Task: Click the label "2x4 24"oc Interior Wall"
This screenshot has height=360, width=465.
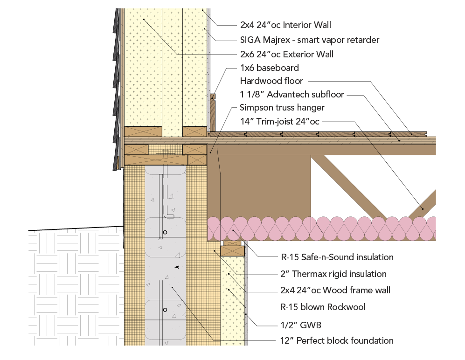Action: [285, 25]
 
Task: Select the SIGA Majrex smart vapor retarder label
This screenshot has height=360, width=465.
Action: [309, 40]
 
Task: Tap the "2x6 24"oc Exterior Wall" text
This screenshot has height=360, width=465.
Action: [286, 54]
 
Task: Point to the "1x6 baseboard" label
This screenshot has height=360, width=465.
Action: [269, 68]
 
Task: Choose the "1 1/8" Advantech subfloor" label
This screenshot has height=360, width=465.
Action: [291, 95]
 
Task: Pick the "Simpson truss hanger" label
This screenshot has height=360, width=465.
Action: [282, 108]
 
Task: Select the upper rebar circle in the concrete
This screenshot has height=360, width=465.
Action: [165, 232]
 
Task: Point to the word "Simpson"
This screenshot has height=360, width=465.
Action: [255, 108]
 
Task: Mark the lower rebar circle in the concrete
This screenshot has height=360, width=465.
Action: [165, 310]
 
